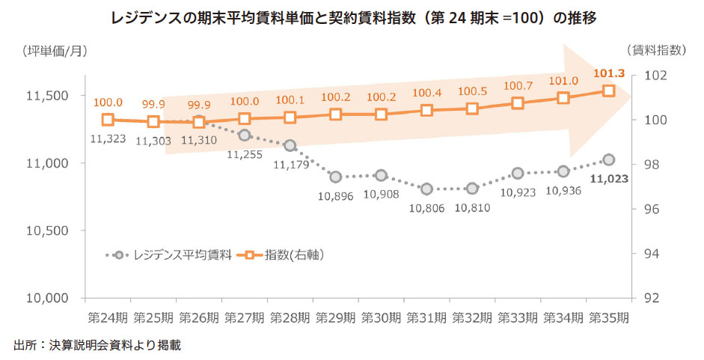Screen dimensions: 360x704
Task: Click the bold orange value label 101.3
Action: (x=609, y=73)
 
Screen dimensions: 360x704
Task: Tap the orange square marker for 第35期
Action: (x=609, y=91)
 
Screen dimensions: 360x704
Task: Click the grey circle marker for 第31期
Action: (x=426, y=189)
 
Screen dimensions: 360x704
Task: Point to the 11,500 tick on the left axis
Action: (x=49, y=96)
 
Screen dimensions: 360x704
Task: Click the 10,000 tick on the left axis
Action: (x=49, y=298)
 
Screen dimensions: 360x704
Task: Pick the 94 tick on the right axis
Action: (x=647, y=254)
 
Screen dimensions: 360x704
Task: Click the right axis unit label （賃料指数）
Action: (x=655, y=51)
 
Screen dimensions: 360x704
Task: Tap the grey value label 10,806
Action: (x=426, y=207)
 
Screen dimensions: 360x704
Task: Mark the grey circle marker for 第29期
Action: (x=335, y=177)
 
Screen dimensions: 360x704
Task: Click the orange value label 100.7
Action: (x=518, y=86)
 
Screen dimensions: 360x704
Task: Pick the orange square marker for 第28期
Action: (x=290, y=118)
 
